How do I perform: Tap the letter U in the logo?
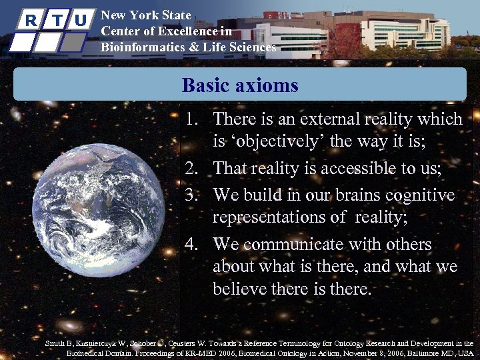(81, 19)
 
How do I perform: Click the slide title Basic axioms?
(239, 85)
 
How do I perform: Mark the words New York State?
(145, 15)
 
